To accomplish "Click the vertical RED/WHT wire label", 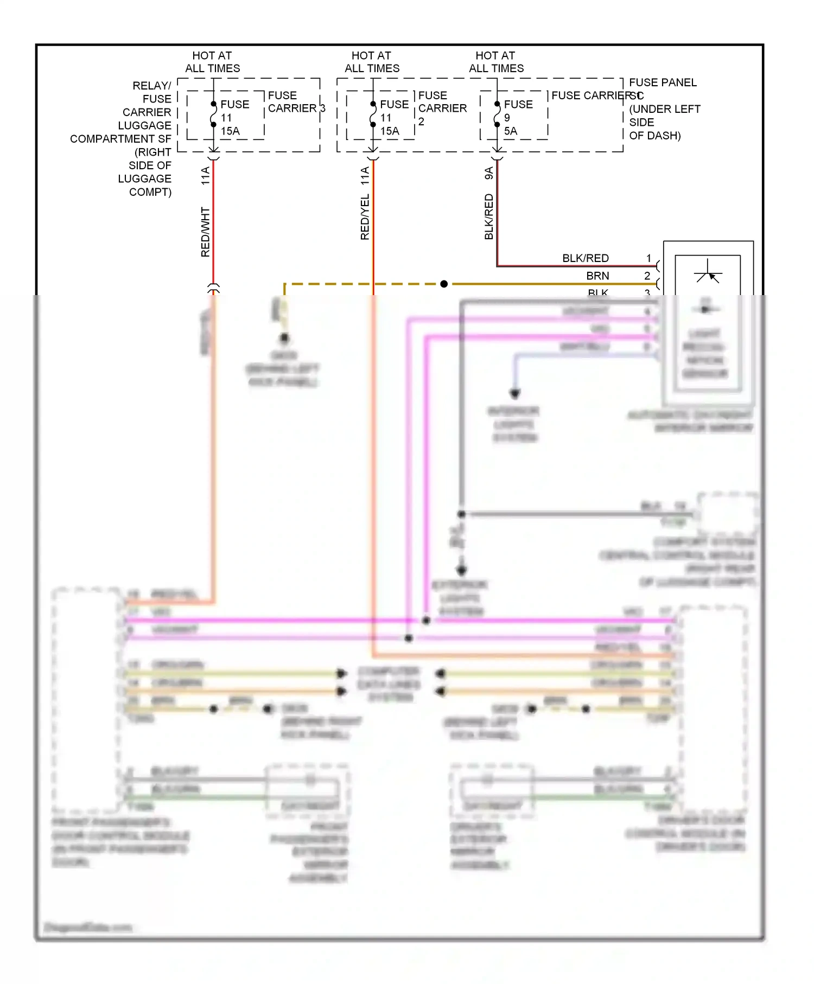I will pyautogui.click(x=205, y=232).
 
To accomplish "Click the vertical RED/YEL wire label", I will pyautogui.click(x=365, y=217).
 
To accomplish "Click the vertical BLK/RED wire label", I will pyautogui.click(x=489, y=216).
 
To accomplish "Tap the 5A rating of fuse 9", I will pyautogui.click(x=510, y=131).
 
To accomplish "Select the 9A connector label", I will pyautogui.click(x=489, y=173).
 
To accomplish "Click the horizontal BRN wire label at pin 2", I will pyautogui.click(x=597, y=276).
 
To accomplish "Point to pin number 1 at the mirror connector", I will pyautogui.click(x=648, y=258).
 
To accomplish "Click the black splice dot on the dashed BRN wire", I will pyautogui.click(x=444, y=284).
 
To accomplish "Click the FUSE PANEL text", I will pyautogui.click(x=663, y=82).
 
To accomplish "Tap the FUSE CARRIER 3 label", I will pyautogui.click(x=296, y=102).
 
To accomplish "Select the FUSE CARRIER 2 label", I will pyautogui.click(x=442, y=108).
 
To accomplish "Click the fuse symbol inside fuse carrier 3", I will pyautogui.click(x=213, y=114).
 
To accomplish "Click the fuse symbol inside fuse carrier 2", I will pyautogui.click(x=373, y=114).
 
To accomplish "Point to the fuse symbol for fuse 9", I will pyautogui.click(x=497, y=114).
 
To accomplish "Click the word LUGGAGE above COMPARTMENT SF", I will pyautogui.click(x=144, y=125).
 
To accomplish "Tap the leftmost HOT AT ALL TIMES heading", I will pyautogui.click(x=212, y=62).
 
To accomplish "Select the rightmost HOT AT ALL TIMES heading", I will pyautogui.click(x=496, y=62).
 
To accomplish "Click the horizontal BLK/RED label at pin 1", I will pyautogui.click(x=585, y=258).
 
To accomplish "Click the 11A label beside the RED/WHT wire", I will pyautogui.click(x=205, y=176).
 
